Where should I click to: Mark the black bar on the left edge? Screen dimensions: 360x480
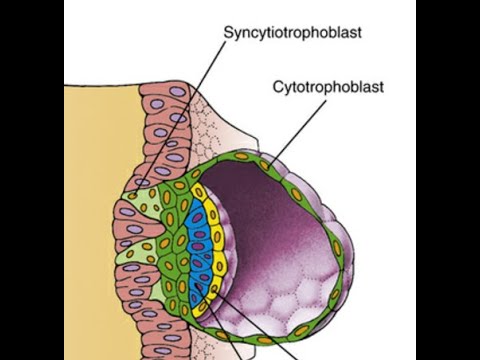tap(31, 180)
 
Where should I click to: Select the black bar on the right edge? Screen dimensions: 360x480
tap(448, 180)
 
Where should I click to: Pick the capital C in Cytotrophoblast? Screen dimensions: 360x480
tap(277, 86)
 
